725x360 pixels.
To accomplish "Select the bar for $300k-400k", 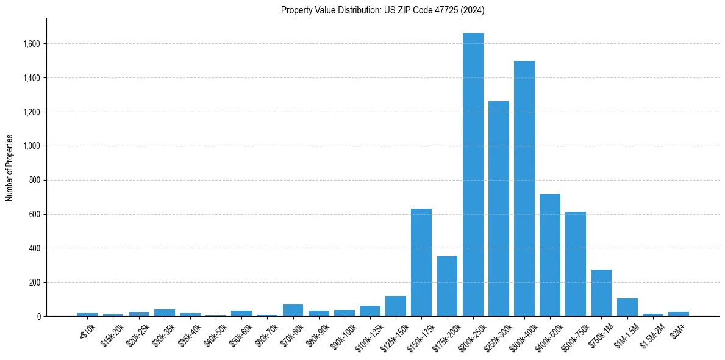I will [524, 189].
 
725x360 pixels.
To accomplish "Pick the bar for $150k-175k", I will [421, 262].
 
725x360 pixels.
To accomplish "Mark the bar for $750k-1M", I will [601, 293].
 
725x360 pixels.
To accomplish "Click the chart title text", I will [383, 10].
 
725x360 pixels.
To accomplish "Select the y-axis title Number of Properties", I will [10, 167].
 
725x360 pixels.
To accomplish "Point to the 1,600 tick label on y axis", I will [32, 44].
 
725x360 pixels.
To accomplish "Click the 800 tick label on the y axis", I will [35, 180].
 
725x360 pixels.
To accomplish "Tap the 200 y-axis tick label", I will [35, 283].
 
